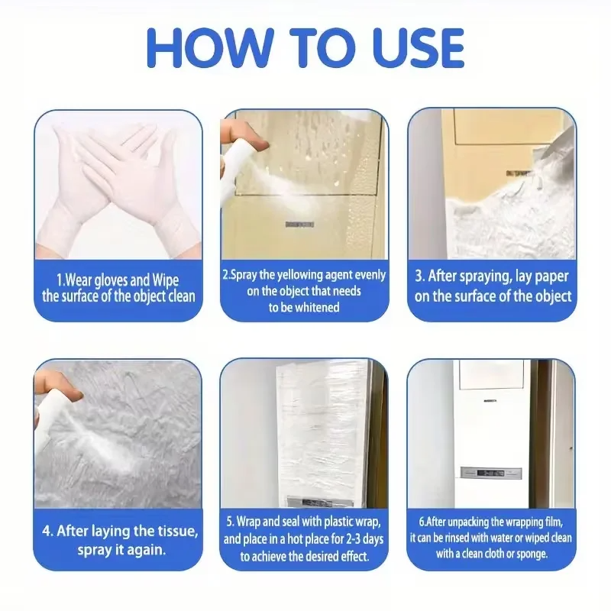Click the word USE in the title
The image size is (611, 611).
coord(418,48)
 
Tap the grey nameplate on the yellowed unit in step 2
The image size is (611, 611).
coord(299,225)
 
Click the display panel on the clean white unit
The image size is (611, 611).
coord(491,473)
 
